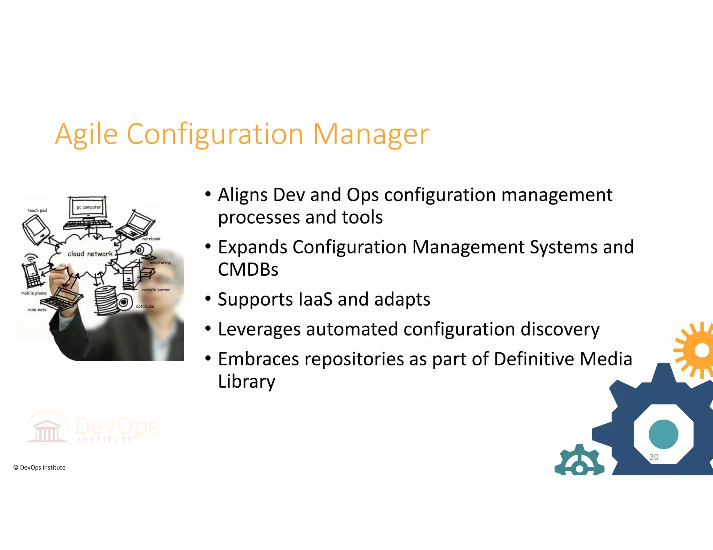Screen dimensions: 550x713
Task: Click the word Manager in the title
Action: pyautogui.click(x=371, y=135)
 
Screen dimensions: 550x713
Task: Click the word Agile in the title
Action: pyautogui.click(x=86, y=135)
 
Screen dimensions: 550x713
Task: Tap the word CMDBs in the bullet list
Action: pyautogui.click(x=248, y=269)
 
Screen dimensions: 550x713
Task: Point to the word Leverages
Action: pyautogui.click(x=259, y=330)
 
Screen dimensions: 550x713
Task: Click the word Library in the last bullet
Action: pyautogui.click(x=246, y=382)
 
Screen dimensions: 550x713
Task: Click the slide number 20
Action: pyautogui.click(x=654, y=457)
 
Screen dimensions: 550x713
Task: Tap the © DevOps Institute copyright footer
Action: pyautogui.click(x=39, y=468)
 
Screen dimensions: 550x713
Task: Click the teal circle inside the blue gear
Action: pyautogui.click(x=664, y=434)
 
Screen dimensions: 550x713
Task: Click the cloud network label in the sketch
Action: pyautogui.click(x=90, y=254)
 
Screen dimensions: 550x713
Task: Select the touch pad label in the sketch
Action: pyautogui.click(x=37, y=210)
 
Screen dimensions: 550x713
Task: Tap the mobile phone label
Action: pyautogui.click(x=34, y=293)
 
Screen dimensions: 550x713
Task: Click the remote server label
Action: pyautogui.click(x=156, y=290)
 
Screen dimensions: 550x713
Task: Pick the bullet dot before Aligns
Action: pyautogui.click(x=208, y=194)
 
